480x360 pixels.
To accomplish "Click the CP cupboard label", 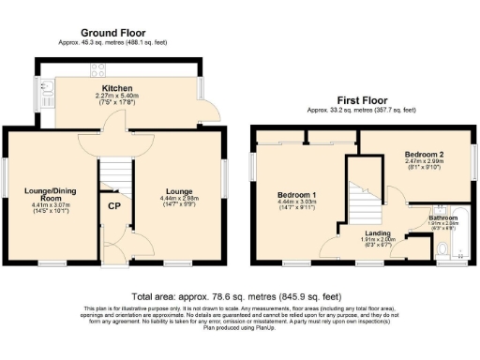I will point(114,207).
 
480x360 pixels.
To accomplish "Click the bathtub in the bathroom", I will point(461,239).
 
